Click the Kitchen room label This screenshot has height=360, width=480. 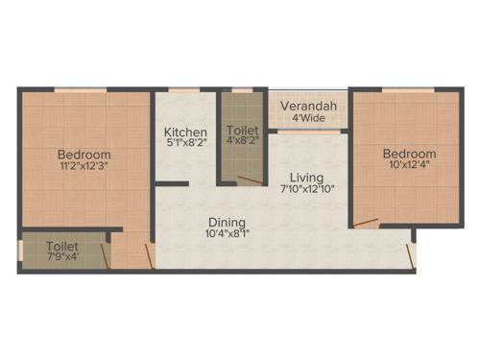[185, 132]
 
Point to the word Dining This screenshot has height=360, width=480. [227, 221]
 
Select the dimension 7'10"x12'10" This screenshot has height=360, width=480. [307, 190]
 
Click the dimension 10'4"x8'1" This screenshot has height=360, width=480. [227, 233]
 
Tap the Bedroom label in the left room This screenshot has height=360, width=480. [84, 155]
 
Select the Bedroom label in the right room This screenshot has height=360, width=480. [409, 154]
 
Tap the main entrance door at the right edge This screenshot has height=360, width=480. [410, 255]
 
